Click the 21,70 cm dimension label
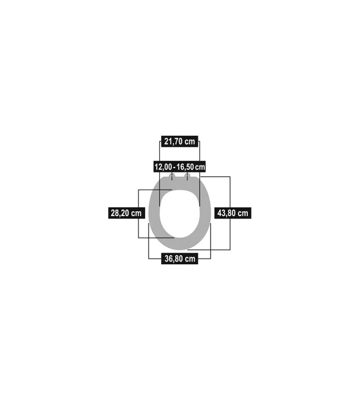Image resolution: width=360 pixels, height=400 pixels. click(x=180, y=141)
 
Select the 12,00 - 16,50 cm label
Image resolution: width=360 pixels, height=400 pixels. click(x=180, y=167)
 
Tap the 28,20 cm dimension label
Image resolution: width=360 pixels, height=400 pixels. click(x=126, y=213)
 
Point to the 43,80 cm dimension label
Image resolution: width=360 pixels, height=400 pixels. click(x=233, y=213)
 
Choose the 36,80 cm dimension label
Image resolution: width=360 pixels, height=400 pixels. click(x=180, y=259)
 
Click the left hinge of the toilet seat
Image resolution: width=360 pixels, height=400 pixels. click(x=172, y=176)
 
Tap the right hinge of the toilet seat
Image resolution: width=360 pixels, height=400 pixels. click(x=188, y=176)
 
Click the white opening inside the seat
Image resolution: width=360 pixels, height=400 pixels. click(x=180, y=214)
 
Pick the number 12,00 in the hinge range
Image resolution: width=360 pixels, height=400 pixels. click(x=163, y=167)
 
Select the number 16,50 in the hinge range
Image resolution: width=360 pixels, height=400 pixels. click(x=185, y=167)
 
